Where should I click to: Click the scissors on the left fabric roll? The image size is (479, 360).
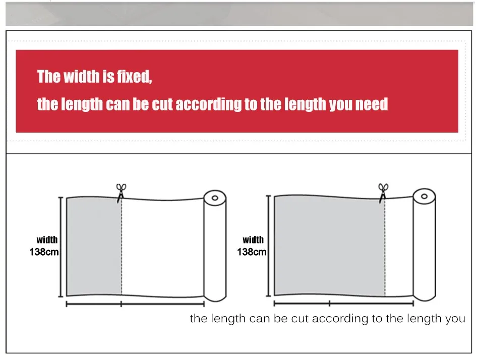coord(121,193)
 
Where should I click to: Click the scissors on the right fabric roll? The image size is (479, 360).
coord(383,193)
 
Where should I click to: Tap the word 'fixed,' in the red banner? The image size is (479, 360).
coord(135,77)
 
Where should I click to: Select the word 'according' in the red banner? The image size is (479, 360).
coord(208,104)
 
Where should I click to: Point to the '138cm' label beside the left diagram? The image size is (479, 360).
coord(44,252)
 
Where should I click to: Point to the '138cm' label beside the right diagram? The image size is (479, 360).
coord(252,252)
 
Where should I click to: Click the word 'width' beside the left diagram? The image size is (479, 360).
coord(47,239)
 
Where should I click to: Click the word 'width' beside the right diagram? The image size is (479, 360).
coord(253,239)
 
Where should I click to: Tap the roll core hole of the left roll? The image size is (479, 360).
coord(215,198)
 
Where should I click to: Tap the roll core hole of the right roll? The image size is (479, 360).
coord(424,196)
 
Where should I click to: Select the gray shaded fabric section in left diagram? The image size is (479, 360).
coord(94,247)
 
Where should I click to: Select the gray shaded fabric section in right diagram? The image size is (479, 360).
coord(330,246)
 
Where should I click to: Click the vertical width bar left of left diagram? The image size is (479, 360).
coord(61,247)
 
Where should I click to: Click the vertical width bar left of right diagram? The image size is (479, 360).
coord(269,246)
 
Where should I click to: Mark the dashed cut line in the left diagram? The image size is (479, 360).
coord(122,247)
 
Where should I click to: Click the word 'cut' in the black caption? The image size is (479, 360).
coord(301,319)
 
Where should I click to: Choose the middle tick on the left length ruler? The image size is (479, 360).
coord(122,304)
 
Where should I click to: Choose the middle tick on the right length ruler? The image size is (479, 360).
coord(329,304)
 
